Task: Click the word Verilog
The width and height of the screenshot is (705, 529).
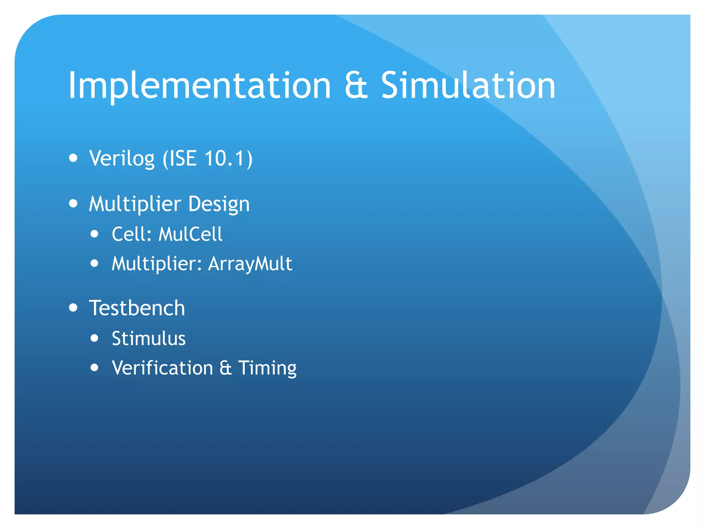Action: (x=122, y=159)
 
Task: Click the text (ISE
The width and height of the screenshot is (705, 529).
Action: (x=179, y=159)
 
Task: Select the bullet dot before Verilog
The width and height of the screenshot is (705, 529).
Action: (x=73, y=158)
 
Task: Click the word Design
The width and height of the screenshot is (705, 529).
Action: (x=219, y=204)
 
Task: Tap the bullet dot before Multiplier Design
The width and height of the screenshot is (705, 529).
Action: (x=73, y=203)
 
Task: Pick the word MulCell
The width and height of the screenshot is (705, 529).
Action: (x=190, y=234)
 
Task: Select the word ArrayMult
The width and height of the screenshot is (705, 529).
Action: (x=250, y=264)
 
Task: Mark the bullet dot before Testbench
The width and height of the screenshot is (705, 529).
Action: (x=73, y=307)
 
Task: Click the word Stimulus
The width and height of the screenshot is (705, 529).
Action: (x=149, y=338)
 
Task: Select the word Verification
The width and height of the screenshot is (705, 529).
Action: (x=162, y=368)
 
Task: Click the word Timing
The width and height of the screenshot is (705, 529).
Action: (x=267, y=369)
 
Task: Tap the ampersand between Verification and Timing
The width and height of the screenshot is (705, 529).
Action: (x=225, y=368)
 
